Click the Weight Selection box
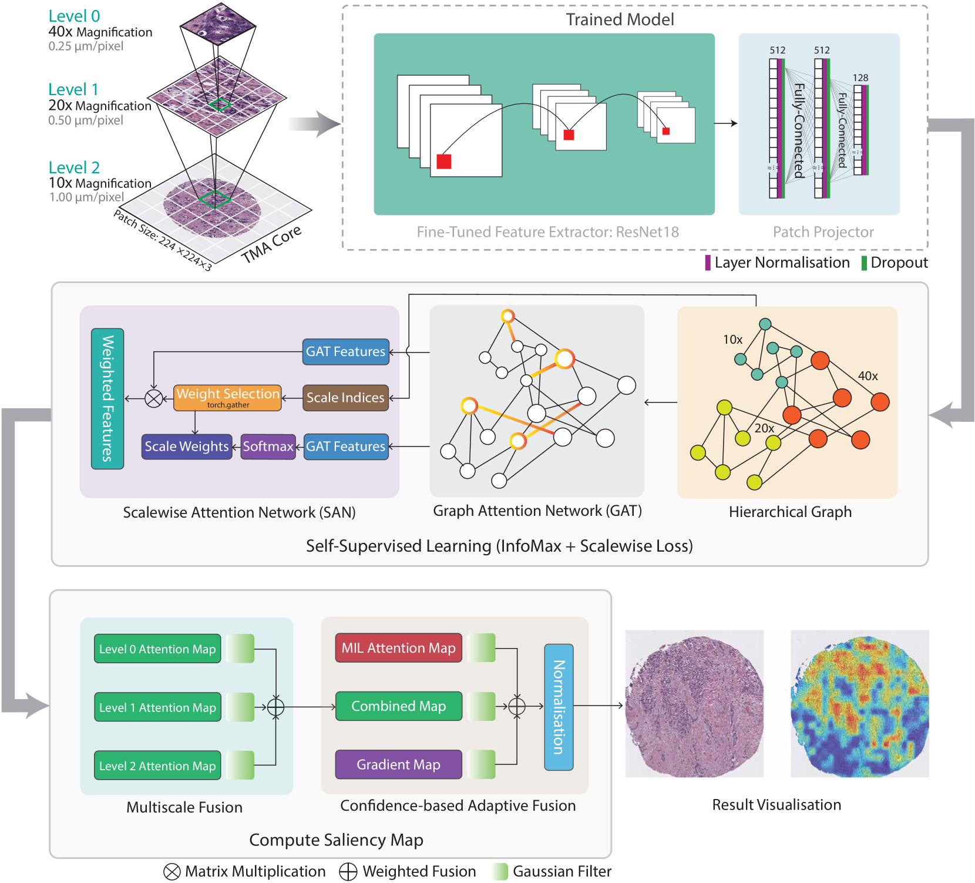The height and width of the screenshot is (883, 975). click(x=227, y=397)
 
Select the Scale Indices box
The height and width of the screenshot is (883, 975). click(x=345, y=398)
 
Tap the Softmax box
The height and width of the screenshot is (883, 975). click(x=268, y=446)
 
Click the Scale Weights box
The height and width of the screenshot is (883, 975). click(x=187, y=446)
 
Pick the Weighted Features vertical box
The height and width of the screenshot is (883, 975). click(x=107, y=398)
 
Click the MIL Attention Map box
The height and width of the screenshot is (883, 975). click(x=398, y=648)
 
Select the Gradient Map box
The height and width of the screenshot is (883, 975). click(x=398, y=764)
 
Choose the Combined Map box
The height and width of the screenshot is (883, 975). click(x=398, y=706)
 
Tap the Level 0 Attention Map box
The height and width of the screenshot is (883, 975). click(x=157, y=649)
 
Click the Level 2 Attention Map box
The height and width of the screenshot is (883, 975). click(x=157, y=766)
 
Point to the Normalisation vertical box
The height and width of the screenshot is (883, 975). click(x=559, y=707)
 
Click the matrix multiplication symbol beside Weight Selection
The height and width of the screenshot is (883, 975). click(x=154, y=398)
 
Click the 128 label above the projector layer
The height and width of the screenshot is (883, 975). click(x=860, y=78)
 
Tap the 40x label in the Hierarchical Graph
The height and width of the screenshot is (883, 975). click(x=868, y=376)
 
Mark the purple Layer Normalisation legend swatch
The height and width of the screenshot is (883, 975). click(x=708, y=263)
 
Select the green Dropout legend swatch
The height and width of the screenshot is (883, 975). click(x=864, y=263)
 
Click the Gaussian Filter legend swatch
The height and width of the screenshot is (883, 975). click(x=499, y=871)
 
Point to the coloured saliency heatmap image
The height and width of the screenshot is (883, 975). click(x=860, y=704)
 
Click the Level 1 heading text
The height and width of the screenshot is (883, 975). click(x=73, y=89)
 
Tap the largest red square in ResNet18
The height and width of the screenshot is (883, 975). click(x=444, y=162)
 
